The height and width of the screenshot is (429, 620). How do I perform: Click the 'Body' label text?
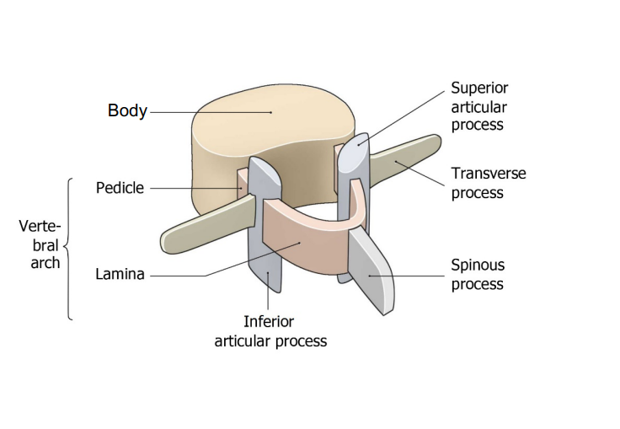tap(127, 111)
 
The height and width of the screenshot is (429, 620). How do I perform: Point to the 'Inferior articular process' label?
tap(270, 331)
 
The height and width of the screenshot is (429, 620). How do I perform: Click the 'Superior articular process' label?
tap(478, 106)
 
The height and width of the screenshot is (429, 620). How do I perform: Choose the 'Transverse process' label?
tap(489, 183)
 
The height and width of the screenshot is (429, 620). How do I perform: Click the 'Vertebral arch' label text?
tap(40, 244)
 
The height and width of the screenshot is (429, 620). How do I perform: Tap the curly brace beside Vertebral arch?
tap(68, 249)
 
